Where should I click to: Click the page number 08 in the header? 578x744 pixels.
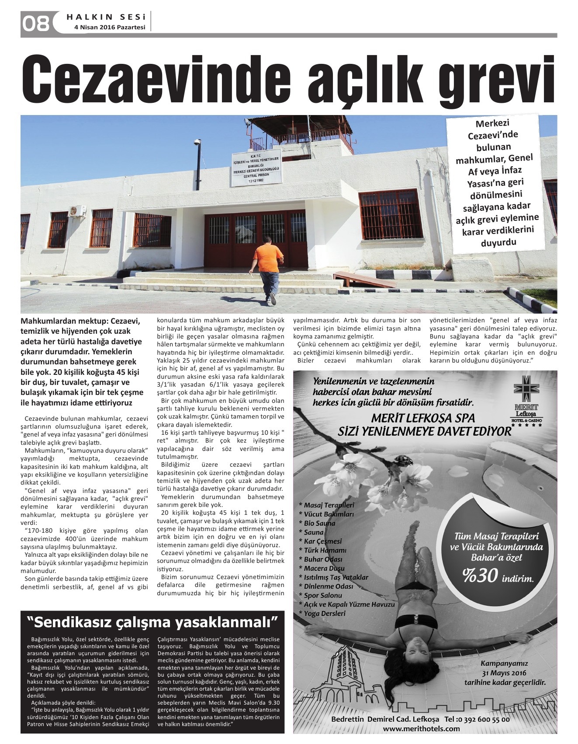[x=36, y=23]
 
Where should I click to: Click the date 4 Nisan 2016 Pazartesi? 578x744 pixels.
[x=110, y=27]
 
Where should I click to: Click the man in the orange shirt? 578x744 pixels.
[x=267, y=266]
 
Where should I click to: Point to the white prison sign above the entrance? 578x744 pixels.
[x=257, y=168]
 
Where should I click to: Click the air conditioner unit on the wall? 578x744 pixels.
[x=77, y=211]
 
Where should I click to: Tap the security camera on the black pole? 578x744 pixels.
[x=197, y=142]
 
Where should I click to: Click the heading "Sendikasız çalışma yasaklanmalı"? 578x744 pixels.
[x=152, y=622]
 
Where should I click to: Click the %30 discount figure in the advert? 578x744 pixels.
[x=480, y=576]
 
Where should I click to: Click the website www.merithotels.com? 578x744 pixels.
[x=421, y=728]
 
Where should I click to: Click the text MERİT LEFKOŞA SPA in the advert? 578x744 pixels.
[x=423, y=418]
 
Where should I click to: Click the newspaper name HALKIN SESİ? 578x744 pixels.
[x=106, y=17]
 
